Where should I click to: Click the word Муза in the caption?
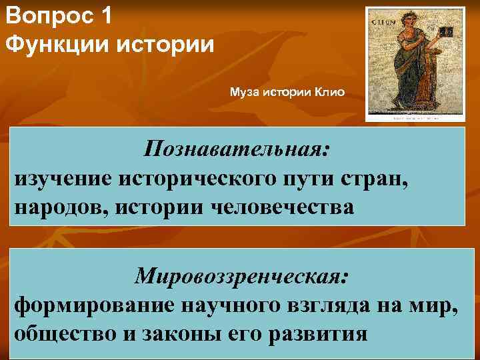click(244, 91)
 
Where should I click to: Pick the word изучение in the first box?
click(63, 178)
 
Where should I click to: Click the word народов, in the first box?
click(61, 207)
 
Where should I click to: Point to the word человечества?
click(283, 207)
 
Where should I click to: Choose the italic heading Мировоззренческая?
click(241, 275)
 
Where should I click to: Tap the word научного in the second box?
click(223, 305)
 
